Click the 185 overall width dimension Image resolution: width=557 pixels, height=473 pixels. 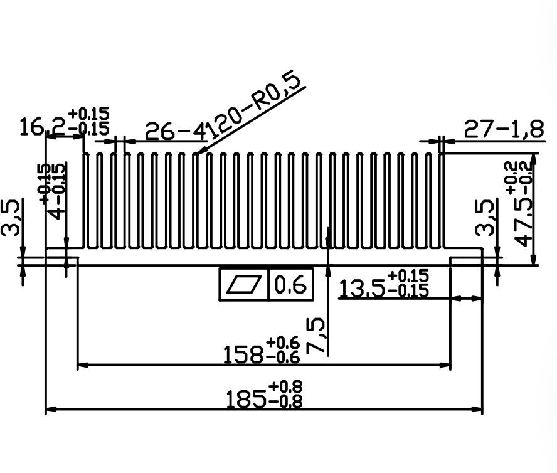[246, 399]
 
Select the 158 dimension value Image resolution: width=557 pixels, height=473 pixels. [243, 354]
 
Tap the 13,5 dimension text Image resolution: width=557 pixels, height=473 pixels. [362, 289]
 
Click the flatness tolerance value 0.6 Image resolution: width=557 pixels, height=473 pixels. [291, 284]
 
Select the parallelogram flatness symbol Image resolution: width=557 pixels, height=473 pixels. [243, 284]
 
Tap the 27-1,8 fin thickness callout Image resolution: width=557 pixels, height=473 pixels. [504, 129]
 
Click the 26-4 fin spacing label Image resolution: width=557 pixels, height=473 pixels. [176, 131]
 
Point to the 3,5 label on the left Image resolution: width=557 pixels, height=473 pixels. [11, 218]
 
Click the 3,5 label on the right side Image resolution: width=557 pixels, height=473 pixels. [484, 218]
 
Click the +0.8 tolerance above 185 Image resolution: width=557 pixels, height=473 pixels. [285, 386]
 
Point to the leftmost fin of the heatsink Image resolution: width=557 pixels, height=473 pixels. [85, 200]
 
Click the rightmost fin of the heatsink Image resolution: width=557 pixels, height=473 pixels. [442, 200]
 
